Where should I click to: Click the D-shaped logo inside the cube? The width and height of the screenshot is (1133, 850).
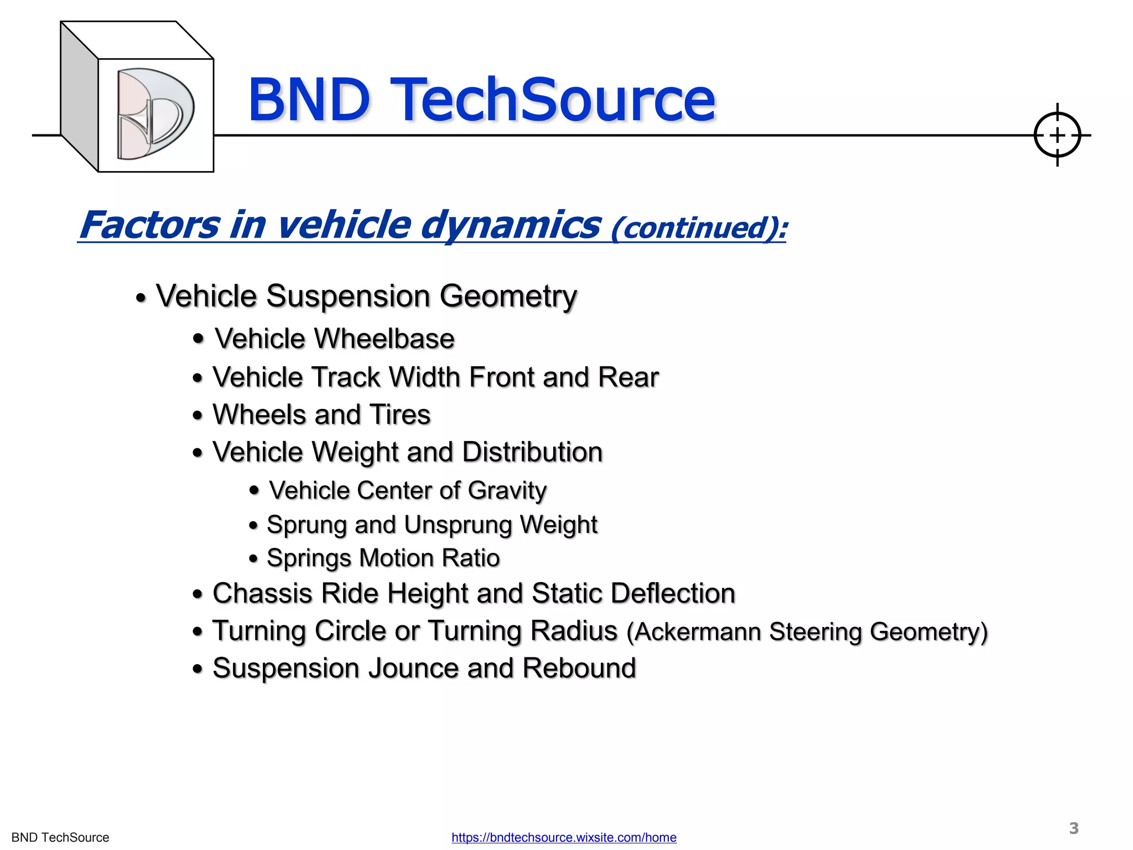point(155,114)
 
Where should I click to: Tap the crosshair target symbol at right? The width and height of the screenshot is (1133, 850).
point(1057,135)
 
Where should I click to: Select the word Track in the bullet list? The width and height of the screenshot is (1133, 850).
point(346,377)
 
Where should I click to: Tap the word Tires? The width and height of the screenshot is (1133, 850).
point(400,415)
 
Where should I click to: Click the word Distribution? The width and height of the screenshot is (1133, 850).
point(532,452)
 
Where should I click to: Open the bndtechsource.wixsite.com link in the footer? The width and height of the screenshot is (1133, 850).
point(564,837)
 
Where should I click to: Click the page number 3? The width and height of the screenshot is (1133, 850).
point(1073,828)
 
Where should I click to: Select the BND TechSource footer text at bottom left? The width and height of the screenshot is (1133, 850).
point(60,837)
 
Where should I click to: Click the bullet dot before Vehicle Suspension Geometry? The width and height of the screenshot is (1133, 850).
point(141,299)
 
